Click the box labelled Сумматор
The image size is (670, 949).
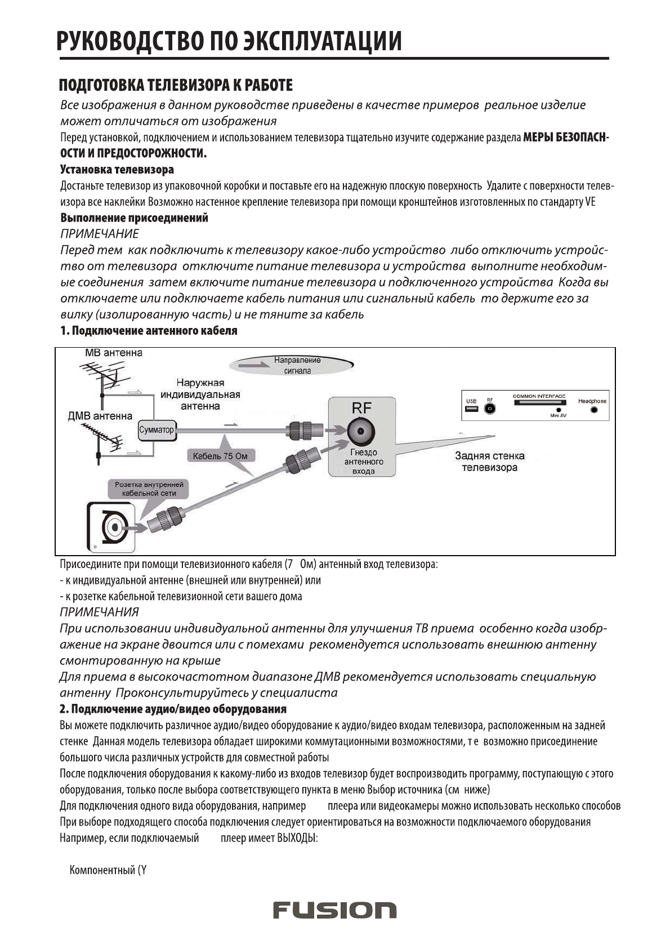pos(156,429)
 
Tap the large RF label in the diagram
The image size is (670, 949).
pos(361,409)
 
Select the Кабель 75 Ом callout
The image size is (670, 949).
pos(216,456)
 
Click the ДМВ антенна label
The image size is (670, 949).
pos(100,416)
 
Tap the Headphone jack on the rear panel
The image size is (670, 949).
pos(594,410)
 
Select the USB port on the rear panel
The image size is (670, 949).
pos(471,410)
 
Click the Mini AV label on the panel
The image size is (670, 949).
pos(559,415)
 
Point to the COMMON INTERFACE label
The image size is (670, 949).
pos(539,396)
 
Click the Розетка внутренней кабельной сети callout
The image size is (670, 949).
pos(149,489)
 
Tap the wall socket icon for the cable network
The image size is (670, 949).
pos(113,527)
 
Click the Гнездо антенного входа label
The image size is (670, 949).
pos(363,462)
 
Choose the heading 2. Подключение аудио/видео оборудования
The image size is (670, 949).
pos(173,708)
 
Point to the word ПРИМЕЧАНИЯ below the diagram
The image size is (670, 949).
pos(99,611)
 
